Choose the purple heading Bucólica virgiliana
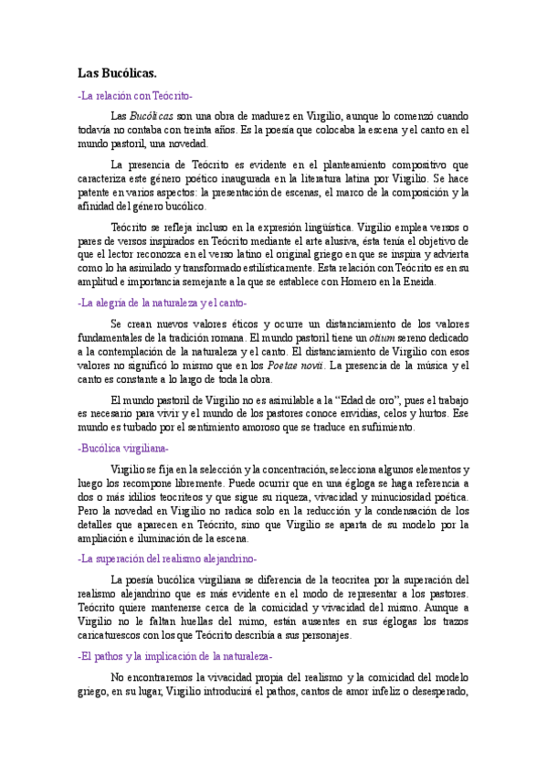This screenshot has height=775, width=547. (124, 448)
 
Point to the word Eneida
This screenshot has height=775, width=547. (420, 281)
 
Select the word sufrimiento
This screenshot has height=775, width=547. (386, 427)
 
